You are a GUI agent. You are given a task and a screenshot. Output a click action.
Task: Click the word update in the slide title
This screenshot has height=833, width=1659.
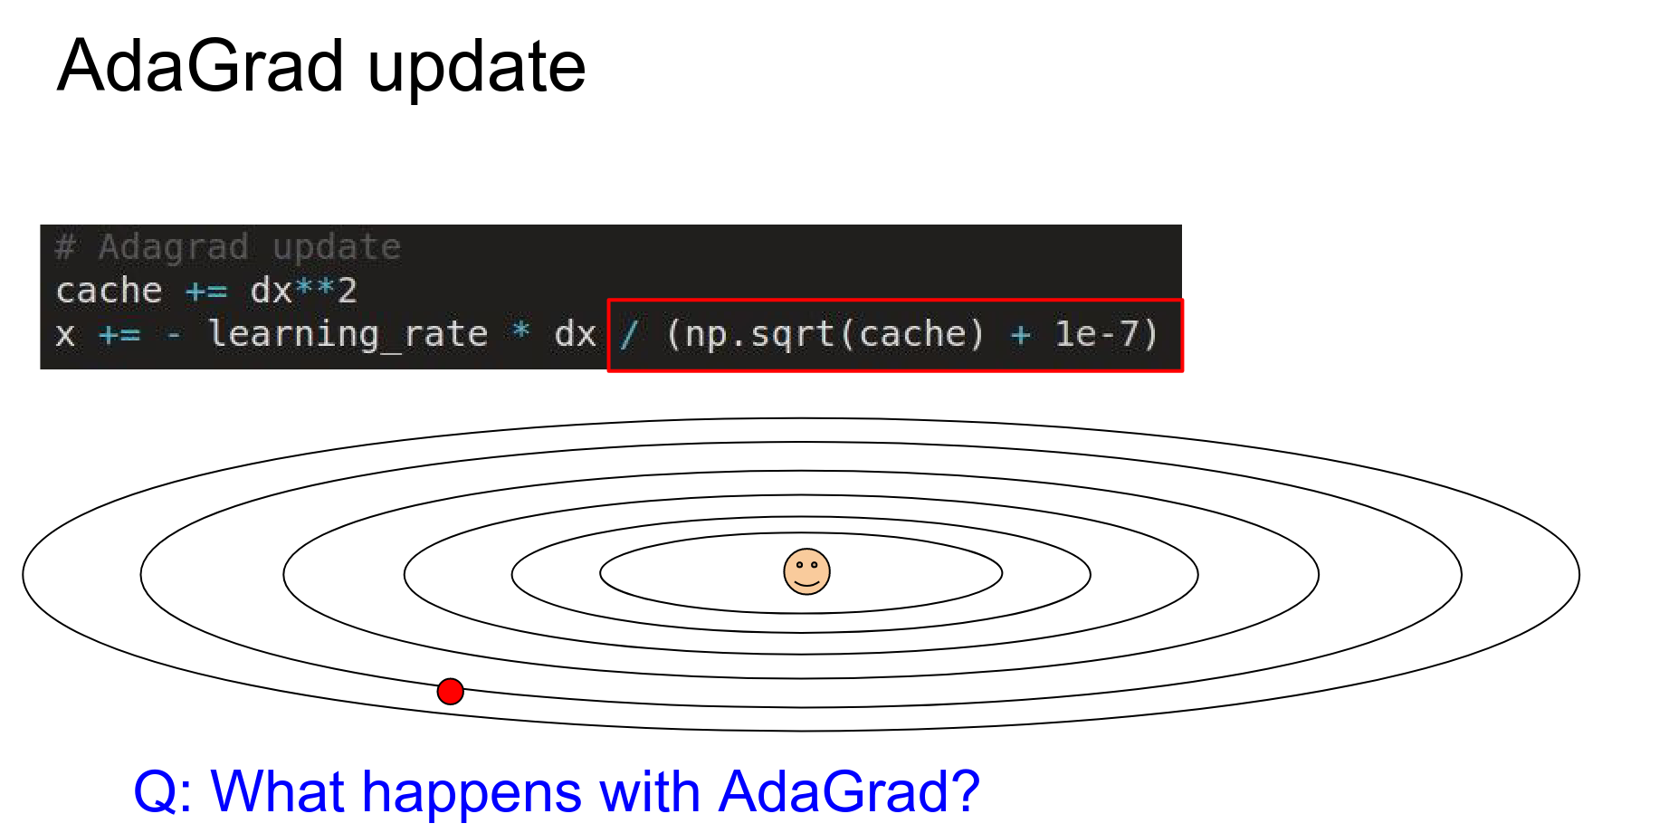477,68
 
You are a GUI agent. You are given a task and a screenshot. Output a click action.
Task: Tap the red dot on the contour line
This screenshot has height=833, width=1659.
450,692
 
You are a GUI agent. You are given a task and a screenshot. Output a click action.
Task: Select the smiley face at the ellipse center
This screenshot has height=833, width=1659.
806,571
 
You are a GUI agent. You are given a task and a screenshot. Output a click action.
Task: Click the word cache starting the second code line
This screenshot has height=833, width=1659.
110,291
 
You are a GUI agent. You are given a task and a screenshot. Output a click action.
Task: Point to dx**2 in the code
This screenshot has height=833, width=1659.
303,291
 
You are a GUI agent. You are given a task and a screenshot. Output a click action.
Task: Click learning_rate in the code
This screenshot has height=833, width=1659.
348,334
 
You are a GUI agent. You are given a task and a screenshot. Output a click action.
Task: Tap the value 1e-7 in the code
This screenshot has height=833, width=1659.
1096,334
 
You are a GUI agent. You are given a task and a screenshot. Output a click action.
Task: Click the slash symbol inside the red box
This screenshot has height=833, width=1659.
629,334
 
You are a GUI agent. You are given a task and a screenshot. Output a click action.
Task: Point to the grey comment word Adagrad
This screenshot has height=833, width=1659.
173,247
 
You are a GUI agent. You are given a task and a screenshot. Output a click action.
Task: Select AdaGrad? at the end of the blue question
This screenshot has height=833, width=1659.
849,792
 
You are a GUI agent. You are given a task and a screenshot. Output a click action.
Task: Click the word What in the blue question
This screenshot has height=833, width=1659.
277,791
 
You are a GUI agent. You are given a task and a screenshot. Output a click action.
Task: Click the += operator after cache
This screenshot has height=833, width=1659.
206,292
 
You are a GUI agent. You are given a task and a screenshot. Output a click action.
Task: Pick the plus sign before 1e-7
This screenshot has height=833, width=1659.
1021,335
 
